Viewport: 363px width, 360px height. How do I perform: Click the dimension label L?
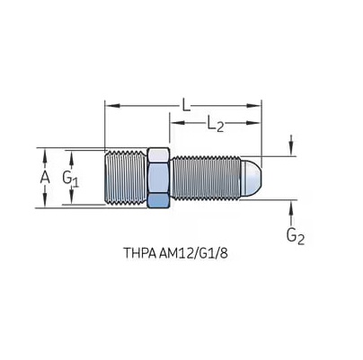(x=186, y=105)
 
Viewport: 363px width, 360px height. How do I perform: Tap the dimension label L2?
(x=216, y=124)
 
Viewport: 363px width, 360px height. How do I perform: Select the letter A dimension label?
(x=45, y=178)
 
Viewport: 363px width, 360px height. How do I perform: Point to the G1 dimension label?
(x=71, y=179)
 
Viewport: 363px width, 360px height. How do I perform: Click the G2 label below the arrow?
(x=296, y=236)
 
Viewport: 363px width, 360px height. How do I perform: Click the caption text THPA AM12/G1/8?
(x=175, y=253)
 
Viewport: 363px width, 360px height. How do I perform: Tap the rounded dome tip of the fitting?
(x=251, y=178)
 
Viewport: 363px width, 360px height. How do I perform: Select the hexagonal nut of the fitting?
(x=159, y=178)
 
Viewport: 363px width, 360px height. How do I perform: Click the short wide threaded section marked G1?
(x=126, y=178)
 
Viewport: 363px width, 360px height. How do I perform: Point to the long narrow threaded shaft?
(x=206, y=178)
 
